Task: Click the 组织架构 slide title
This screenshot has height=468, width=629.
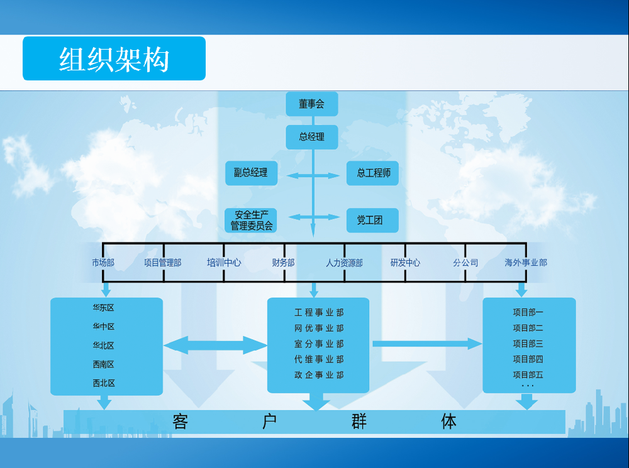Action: (114, 59)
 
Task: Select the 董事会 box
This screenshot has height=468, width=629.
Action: (312, 104)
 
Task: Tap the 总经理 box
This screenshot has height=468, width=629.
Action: (312, 137)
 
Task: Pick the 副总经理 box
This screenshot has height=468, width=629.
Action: (251, 173)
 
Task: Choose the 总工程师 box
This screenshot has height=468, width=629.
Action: (373, 173)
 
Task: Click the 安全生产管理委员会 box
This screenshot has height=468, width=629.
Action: (251, 220)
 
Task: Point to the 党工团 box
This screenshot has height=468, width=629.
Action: (373, 220)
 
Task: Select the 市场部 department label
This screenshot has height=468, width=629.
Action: (103, 263)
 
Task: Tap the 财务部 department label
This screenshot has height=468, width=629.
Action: (283, 263)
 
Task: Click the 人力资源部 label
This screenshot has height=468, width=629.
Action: (344, 263)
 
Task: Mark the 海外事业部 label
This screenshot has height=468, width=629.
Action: (526, 263)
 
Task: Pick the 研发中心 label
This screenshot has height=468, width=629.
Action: (405, 263)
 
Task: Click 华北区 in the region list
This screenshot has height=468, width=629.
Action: (104, 346)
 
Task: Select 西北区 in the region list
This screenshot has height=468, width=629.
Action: (104, 383)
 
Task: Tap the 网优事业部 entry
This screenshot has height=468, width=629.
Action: (319, 328)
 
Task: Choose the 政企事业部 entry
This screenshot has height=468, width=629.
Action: (319, 375)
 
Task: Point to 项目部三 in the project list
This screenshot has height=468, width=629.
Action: (528, 344)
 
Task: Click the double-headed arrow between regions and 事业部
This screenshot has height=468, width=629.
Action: (215, 345)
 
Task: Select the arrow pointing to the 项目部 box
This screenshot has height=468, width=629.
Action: (427, 344)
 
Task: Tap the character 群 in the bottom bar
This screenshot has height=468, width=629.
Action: (359, 422)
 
